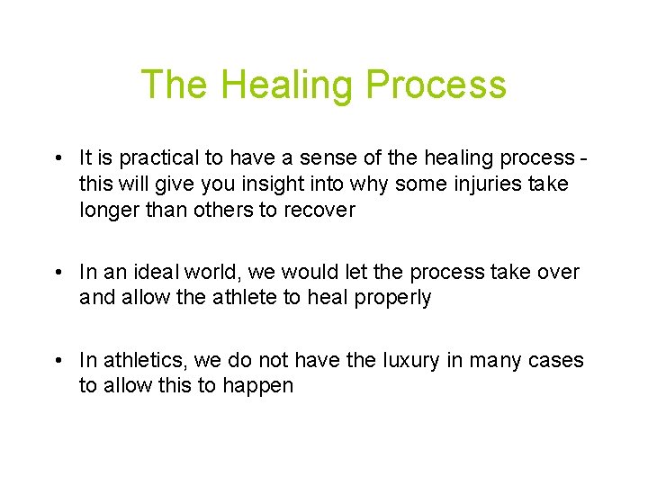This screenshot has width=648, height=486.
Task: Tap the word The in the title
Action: pos(175,85)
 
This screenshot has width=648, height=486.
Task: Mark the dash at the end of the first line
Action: pos(586,159)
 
